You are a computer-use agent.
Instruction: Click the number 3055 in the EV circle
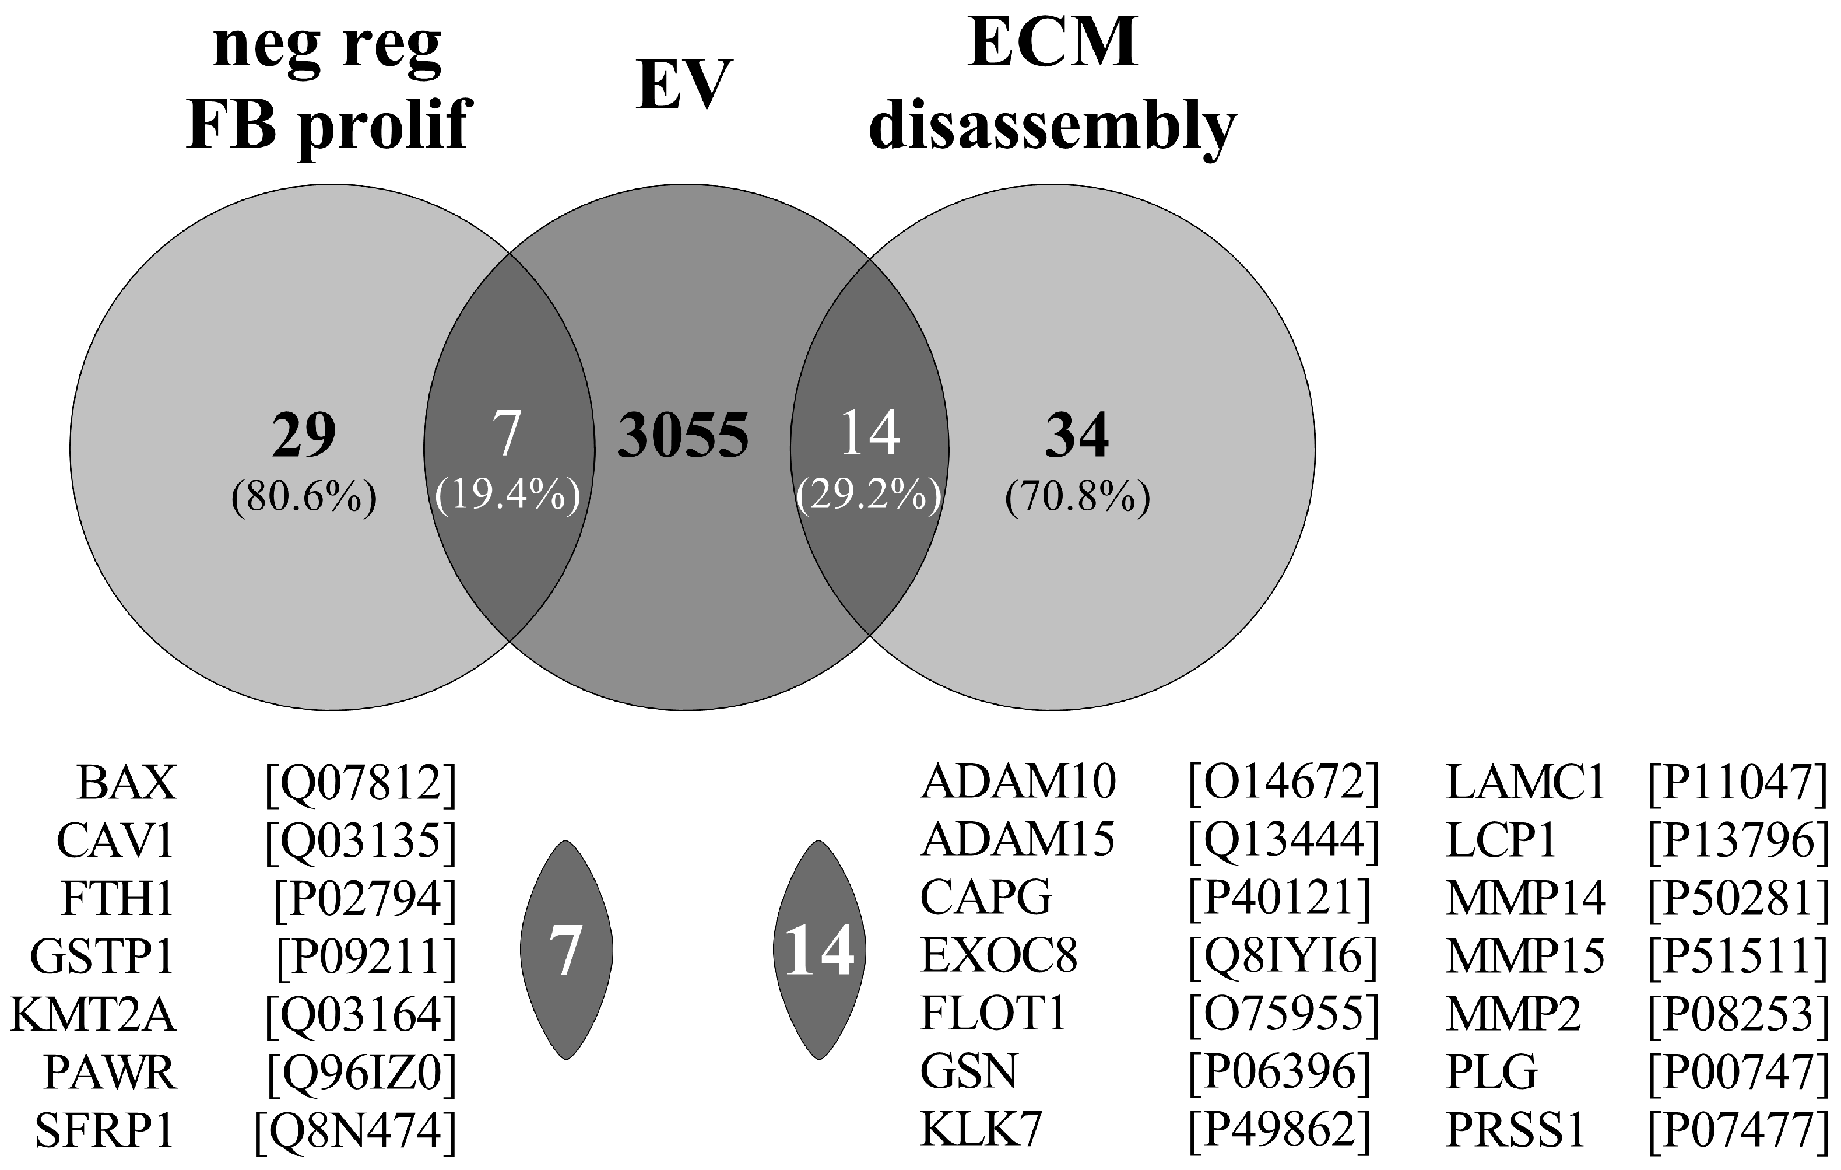pyautogui.click(x=683, y=435)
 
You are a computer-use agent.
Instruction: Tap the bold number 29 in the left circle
pyautogui.click(x=304, y=435)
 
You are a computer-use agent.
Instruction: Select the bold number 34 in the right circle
pyautogui.click(x=1077, y=435)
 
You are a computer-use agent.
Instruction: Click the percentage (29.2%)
pyautogui.click(x=869, y=497)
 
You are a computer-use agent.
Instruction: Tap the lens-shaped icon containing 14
pyautogui.click(x=819, y=950)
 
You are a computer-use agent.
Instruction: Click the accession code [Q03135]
pyautogui.click(x=360, y=840)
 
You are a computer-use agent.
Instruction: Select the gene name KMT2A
pyautogui.click(x=93, y=1015)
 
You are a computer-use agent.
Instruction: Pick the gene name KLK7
pyautogui.click(x=981, y=1130)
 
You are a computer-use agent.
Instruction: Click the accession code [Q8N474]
pyautogui.click(x=355, y=1130)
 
